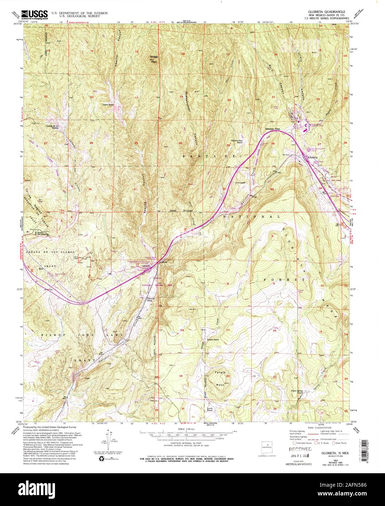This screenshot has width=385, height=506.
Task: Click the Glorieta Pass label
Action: click(x=272, y=129)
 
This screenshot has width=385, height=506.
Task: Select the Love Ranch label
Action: click(x=240, y=182)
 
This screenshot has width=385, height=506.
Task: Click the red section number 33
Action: click(x=272, y=189)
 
